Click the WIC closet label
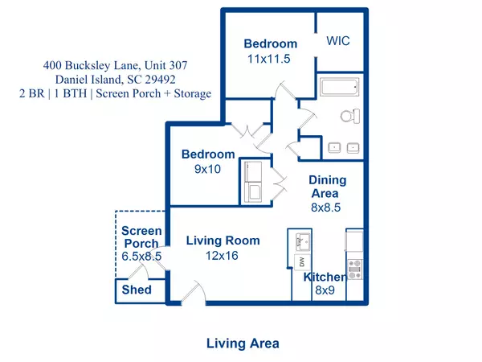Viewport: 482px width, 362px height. [338, 40]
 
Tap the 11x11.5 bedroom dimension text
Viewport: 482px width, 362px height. [270, 59]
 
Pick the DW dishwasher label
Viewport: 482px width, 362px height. [302, 262]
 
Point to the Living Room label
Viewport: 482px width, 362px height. [223, 241]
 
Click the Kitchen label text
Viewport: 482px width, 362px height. [325, 278]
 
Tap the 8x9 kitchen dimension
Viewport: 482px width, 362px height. [324, 291]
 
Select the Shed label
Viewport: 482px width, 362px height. [136, 290]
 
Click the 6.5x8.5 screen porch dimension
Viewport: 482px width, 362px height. [141, 257]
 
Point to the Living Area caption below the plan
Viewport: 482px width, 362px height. [243, 343]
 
